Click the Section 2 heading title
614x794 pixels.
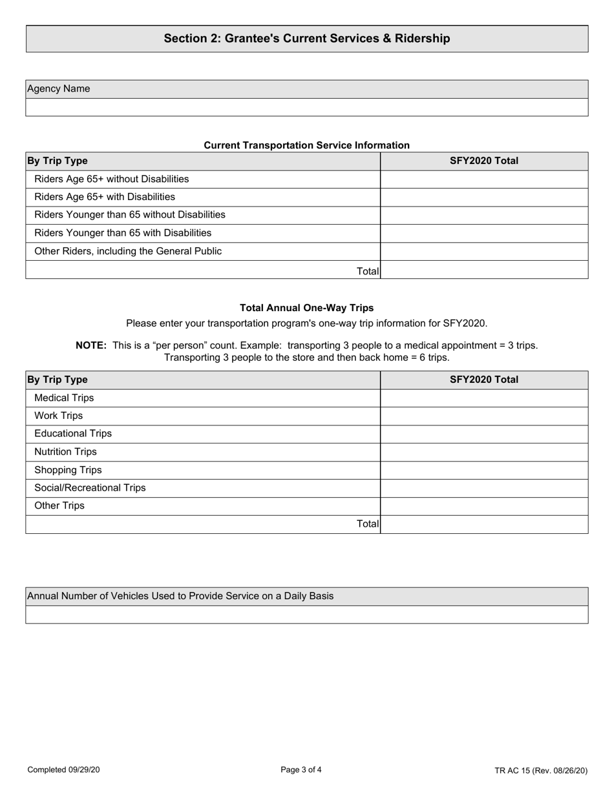point(306,39)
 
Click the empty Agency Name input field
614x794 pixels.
point(306,107)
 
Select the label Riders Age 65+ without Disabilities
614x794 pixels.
point(111,179)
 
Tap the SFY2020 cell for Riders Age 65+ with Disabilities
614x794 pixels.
point(484,197)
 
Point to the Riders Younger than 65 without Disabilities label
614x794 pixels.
point(129,214)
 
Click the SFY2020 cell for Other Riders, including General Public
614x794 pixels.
point(484,251)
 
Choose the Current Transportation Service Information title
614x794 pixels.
point(306,145)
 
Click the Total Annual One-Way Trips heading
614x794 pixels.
point(306,308)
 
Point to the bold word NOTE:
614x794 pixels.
point(91,345)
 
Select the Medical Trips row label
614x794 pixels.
point(63,398)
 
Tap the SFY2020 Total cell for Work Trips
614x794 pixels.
point(484,416)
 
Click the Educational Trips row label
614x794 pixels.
point(72,434)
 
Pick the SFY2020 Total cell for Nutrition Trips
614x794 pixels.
point(484,452)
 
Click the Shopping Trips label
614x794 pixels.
point(67,470)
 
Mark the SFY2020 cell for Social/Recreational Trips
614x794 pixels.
point(484,488)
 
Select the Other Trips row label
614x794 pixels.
point(59,506)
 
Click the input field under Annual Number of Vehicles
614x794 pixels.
point(306,615)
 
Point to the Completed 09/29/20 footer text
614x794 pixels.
point(63,769)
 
